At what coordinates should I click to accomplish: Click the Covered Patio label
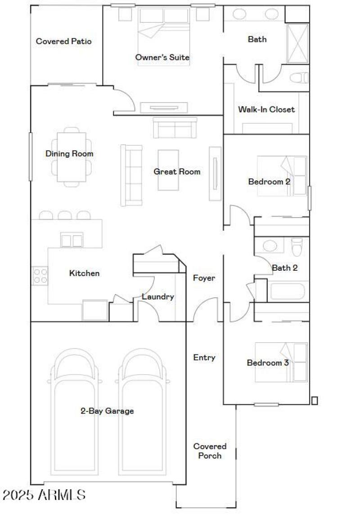[x=63, y=41]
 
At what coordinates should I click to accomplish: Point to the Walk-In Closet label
[x=266, y=109]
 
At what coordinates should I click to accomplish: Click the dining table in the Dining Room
[x=71, y=156]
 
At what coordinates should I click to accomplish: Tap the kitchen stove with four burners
[x=40, y=276]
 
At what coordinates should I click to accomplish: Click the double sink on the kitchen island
[x=72, y=241]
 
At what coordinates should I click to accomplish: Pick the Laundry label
[x=157, y=297]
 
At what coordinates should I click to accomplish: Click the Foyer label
[x=204, y=278]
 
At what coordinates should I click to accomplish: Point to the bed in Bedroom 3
[x=281, y=362]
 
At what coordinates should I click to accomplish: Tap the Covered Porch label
[x=210, y=451]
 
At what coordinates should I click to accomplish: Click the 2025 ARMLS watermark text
[x=44, y=495]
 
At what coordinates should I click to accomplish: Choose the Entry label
[x=204, y=357]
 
